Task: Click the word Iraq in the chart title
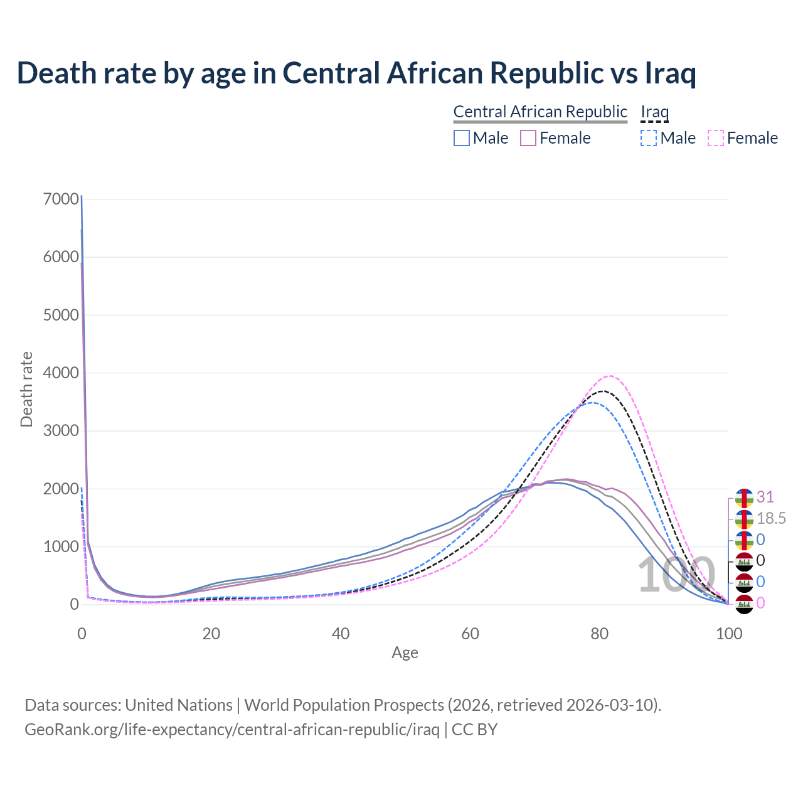tap(671, 73)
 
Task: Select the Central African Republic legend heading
tap(540, 112)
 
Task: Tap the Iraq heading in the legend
tap(654, 112)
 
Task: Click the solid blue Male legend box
tap(462, 138)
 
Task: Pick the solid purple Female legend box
tap(528, 138)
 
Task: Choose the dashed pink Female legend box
tap(716, 138)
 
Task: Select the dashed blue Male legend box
tap(649, 138)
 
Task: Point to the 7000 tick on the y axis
tap(61, 199)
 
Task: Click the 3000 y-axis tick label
tap(61, 431)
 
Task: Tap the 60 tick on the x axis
tap(470, 634)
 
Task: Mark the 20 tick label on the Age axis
tap(211, 634)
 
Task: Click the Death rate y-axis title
tap(26, 390)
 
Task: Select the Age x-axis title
tap(405, 653)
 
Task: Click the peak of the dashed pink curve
tap(609, 376)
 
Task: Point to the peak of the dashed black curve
tap(602, 391)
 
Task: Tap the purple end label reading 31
tap(765, 497)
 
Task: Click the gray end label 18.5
tap(771, 519)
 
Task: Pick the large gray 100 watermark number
tap(676, 575)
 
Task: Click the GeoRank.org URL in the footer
tap(232, 730)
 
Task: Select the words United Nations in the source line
tap(179, 705)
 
